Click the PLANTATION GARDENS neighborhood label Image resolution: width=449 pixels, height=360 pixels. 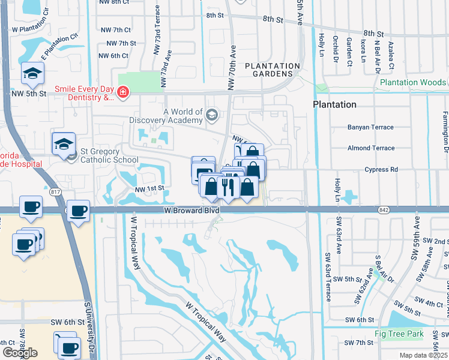(x=272, y=70)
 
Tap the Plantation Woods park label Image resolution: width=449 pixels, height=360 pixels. (x=412, y=82)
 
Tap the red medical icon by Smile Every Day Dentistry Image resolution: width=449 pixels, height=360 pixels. (x=122, y=92)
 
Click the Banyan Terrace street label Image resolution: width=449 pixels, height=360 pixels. (x=370, y=127)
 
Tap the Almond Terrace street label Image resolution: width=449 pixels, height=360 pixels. (x=371, y=148)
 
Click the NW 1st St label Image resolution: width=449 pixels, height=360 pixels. (x=149, y=189)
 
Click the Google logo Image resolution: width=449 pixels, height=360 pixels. (x=19, y=353)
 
